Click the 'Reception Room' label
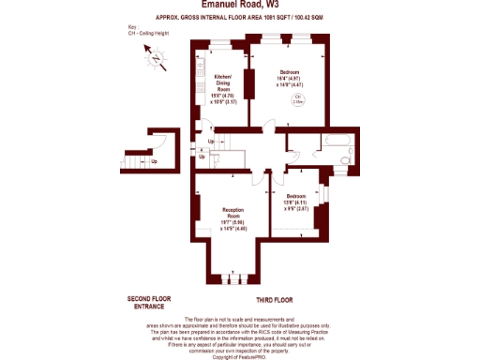point(233,217)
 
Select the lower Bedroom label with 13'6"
point(294,203)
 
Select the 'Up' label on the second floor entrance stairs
point(154,161)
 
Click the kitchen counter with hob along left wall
point(200,89)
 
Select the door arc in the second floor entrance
point(161,144)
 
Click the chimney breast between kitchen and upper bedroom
point(249,82)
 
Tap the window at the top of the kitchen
point(218,44)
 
